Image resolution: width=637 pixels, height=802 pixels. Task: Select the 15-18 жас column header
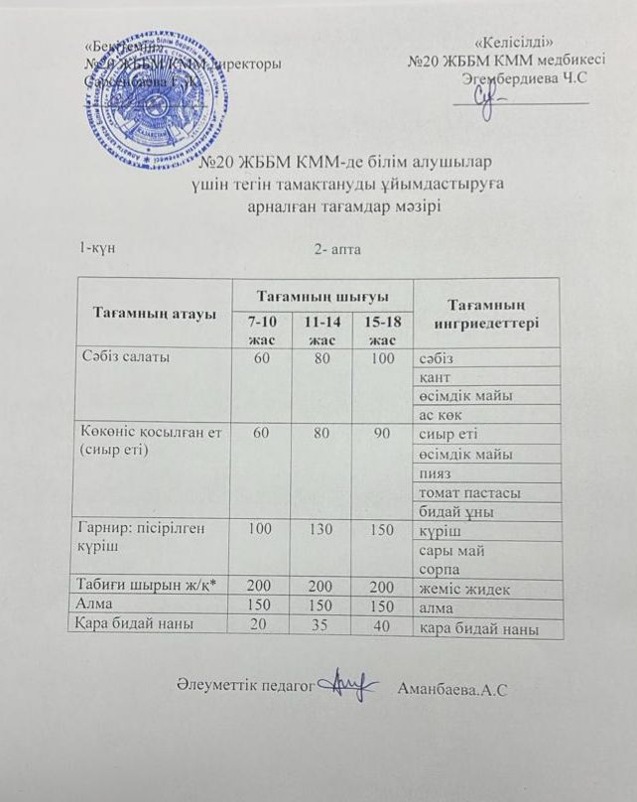click(381, 332)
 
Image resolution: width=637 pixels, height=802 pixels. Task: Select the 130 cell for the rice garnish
click(320, 530)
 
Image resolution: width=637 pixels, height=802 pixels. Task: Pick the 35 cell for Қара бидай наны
click(320, 625)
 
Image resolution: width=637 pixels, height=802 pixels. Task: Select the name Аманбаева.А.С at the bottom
click(450, 688)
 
